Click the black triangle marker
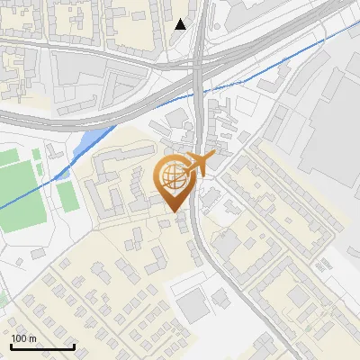tap(181, 24)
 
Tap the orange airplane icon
tap(199, 164)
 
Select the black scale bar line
tap(41, 347)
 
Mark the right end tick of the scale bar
tap(74, 345)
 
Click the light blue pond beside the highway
tap(91, 140)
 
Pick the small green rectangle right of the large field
tap(67, 196)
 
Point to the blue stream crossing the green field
tap(27, 199)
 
